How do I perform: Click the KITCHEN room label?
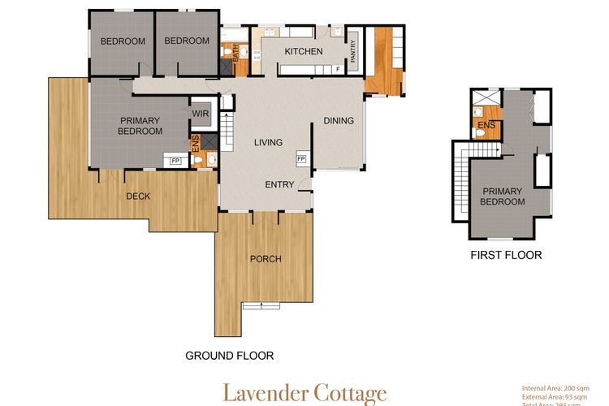point(303,52)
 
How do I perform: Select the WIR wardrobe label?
point(201,114)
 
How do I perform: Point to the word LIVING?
point(268,143)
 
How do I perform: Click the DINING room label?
point(339,122)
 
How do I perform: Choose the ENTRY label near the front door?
point(279,184)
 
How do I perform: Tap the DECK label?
point(139,196)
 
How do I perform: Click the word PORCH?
point(266,259)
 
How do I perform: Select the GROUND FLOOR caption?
point(229,356)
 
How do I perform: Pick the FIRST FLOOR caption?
point(506,255)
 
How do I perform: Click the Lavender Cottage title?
point(304,393)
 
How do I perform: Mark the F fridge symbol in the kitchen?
point(337,70)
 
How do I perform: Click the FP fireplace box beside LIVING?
point(300,159)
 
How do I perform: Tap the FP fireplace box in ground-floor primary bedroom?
point(175,162)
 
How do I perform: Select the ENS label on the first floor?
point(486,125)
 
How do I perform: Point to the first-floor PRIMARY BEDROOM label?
point(502,196)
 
